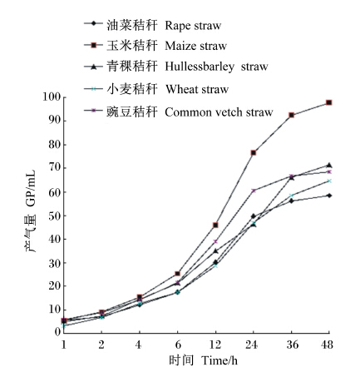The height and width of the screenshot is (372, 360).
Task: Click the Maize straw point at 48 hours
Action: coord(329,102)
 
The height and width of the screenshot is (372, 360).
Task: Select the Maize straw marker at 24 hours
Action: coord(254,153)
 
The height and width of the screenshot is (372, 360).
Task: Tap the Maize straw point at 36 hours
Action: coord(291,115)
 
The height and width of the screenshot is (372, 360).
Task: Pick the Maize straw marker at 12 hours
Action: coord(215,225)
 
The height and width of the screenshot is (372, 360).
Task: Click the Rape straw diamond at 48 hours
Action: coord(329,196)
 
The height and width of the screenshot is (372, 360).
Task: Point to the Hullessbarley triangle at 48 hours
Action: coord(329,166)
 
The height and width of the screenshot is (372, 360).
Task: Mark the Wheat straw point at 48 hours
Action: coord(329,181)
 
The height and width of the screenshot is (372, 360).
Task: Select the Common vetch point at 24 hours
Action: coord(254,191)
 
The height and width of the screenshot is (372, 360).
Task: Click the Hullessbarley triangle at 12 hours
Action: coord(215,251)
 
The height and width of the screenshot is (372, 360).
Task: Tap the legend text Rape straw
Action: coord(193,26)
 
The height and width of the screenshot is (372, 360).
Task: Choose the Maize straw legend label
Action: coord(196,46)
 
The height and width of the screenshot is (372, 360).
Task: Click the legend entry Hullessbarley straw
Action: coord(216,67)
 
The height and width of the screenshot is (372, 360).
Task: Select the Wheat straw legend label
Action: coord(197,89)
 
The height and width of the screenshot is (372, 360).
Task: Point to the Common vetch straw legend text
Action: coord(219,112)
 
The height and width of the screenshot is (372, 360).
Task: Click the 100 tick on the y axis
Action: coord(52,97)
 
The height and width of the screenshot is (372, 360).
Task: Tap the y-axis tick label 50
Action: coord(55,216)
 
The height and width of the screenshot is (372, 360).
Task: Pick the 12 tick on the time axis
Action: coord(215,345)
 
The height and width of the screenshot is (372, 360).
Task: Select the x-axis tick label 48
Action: coord(327,345)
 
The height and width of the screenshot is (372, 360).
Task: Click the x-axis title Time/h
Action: coord(219,360)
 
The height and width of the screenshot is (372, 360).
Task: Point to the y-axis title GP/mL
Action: coord(31,189)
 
